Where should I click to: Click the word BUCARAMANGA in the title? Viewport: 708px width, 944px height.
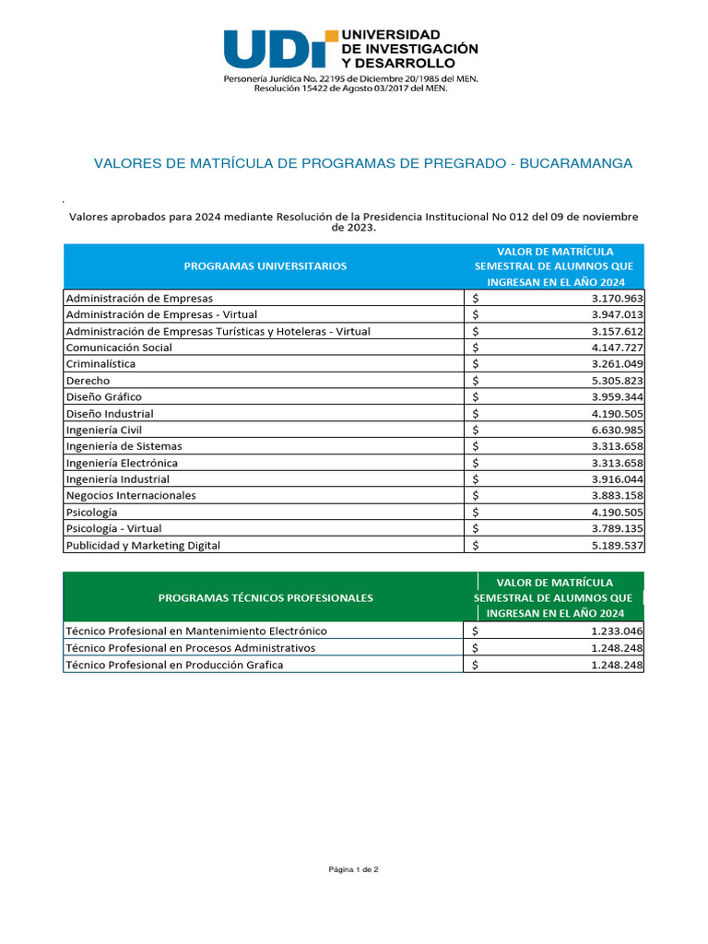[x=576, y=163]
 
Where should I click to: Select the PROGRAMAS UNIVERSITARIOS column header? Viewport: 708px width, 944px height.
[x=265, y=265]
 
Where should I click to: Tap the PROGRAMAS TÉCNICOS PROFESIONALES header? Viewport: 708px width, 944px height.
[x=265, y=597]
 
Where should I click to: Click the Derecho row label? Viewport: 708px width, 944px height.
[x=88, y=381]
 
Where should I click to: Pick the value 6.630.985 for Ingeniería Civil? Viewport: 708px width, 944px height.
[x=617, y=431]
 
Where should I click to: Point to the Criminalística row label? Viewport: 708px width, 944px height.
[x=100, y=364]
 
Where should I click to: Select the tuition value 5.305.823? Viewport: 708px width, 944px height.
[x=617, y=381]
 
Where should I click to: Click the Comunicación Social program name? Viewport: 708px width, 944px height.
[x=119, y=348]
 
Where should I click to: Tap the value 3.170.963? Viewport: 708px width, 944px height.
[x=617, y=299]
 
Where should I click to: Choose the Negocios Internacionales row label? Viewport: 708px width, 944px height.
[x=131, y=496]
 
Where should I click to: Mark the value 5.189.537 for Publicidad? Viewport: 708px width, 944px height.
[x=617, y=546]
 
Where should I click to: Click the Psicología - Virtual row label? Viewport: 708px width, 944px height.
[x=113, y=529]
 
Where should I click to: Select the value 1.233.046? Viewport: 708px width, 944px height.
[x=617, y=631]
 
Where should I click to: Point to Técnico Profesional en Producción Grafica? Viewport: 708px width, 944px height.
[x=174, y=665]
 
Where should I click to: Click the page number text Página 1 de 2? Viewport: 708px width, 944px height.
[x=353, y=869]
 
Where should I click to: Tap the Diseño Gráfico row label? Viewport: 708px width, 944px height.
[x=103, y=397]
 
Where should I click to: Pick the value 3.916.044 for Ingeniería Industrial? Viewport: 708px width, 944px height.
[x=617, y=479]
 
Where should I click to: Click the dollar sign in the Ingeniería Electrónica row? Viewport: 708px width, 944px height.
[x=475, y=463]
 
